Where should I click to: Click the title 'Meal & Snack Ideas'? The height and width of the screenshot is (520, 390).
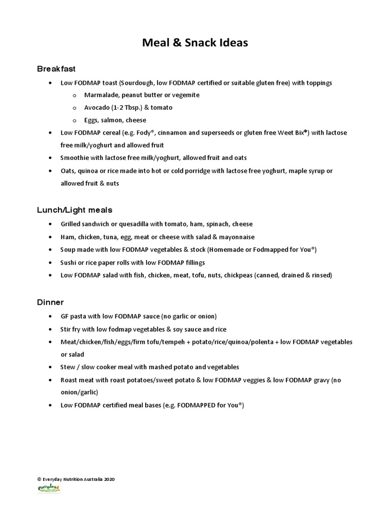tap(195, 43)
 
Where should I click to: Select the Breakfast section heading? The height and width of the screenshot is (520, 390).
tap(56, 68)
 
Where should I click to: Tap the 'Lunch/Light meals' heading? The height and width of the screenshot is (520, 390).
tap(75, 209)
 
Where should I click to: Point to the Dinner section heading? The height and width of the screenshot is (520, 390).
tap(50, 302)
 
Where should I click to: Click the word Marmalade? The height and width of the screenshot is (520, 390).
tap(100, 95)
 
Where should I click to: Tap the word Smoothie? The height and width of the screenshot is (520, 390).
tap(74, 158)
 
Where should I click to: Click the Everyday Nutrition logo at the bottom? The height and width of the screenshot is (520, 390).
tap(49, 489)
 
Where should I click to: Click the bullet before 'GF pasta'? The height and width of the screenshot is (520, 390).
tap(49, 316)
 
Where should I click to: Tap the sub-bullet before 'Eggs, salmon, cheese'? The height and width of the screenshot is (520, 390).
tap(74, 120)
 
